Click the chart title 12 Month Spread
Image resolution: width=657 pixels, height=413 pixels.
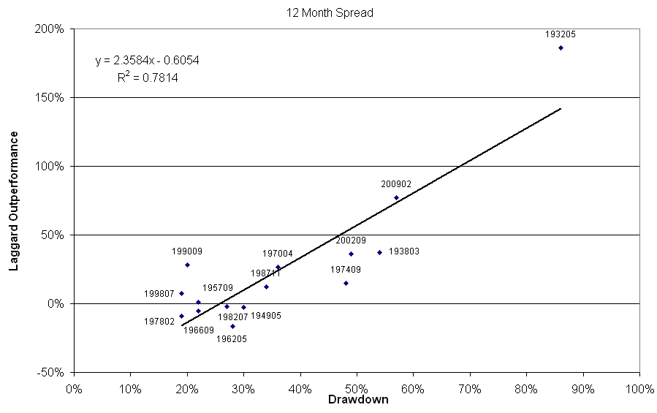(x=328, y=12)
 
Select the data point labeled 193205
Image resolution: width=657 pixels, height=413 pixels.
(x=561, y=48)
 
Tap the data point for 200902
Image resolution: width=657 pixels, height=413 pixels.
(x=396, y=197)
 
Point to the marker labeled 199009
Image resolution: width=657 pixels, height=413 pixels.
(x=187, y=265)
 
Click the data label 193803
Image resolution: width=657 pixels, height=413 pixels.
(x=403, y=251)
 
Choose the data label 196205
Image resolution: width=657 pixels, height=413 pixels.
(x=232, y=338)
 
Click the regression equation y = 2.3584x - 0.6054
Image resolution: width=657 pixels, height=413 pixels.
(x=147, y=61)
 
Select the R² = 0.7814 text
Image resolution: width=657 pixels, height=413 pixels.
(x=147, y=76)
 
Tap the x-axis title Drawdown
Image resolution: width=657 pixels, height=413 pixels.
(x=358, y=400)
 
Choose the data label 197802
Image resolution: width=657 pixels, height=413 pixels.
(x=159, y=321)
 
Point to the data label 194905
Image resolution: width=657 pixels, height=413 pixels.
(x=265, y=317)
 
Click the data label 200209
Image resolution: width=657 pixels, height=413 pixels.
(x=351, y=240)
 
